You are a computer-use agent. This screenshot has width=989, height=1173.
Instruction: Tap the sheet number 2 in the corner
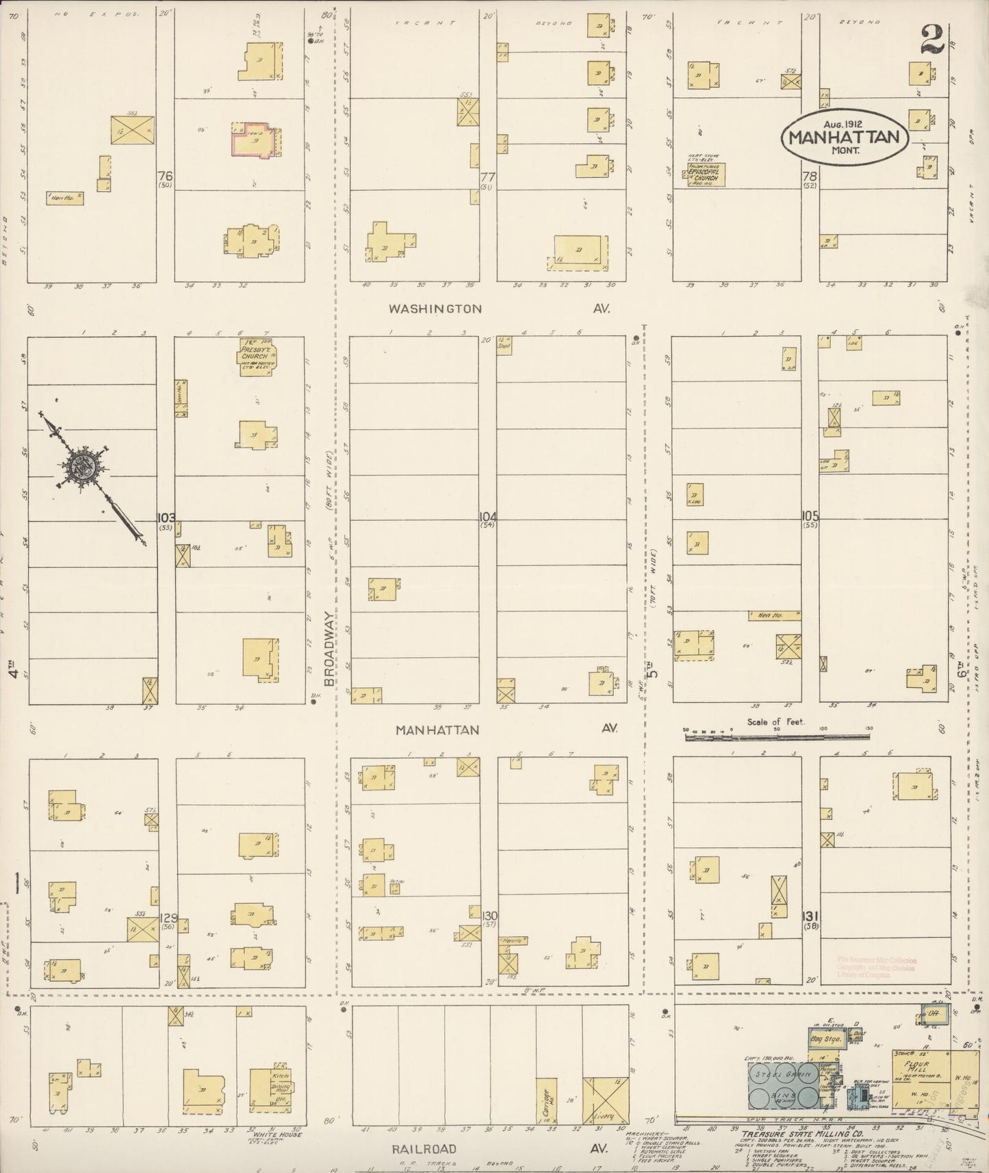932,40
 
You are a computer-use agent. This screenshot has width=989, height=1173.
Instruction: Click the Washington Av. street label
435,309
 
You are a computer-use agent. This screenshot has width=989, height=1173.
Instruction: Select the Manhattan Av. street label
437,730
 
